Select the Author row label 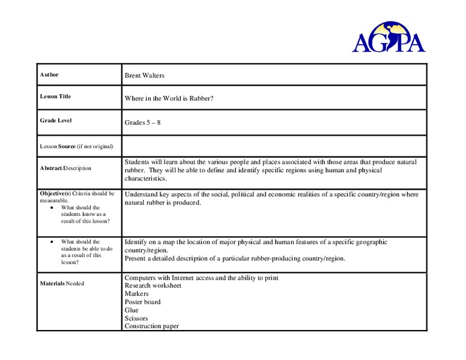pos(49,75)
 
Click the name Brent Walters pos(144,76)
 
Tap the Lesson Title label pos(55,97)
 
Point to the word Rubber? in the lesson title pos(202,98)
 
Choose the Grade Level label pos(56,121)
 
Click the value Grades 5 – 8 pos(142,122)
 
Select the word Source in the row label pos(67,146)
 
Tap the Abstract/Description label pos(65,168)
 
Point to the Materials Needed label pos(62,283)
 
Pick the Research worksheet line pos(153,286)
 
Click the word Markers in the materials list pos(136,294)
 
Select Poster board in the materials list pos(142,302)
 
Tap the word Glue pos(132,310)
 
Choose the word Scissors pos(136,319)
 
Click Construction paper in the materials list pos(151,326)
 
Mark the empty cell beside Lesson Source pos(274,146)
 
